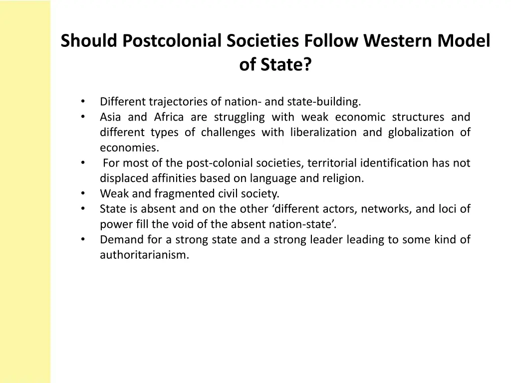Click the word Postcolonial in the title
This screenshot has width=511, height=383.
coord(173,40)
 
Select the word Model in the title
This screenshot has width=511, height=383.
coord(464,40)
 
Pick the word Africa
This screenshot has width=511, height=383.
coord(169,117)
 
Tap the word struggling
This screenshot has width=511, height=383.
coord(240,117)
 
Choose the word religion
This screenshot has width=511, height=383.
coord(344,179)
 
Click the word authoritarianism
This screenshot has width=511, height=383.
coord(145,255)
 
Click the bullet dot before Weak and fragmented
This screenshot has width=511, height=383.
coord(83,193)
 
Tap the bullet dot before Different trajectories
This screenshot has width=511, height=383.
coord(83,102)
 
